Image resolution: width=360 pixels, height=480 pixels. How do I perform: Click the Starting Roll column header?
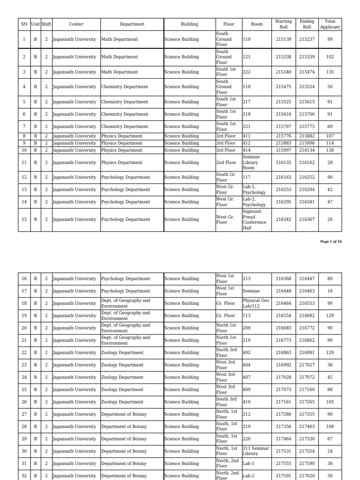pos(284,24)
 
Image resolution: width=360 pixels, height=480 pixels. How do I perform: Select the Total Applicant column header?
pos(330,24)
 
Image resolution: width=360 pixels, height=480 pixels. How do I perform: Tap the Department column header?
pos(132,24)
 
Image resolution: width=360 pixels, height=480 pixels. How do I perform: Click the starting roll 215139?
pos(284,39)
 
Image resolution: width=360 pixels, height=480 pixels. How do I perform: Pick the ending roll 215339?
pos(307,57)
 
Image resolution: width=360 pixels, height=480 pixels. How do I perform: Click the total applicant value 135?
pos(330,72)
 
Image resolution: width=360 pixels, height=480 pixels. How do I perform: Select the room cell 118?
pos(247,87)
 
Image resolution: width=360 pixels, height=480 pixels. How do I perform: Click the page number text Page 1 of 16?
pos(331,241)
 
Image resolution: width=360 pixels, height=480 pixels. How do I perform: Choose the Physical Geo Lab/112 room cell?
pos(255,303)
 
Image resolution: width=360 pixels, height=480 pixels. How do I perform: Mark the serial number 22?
pos(24,352)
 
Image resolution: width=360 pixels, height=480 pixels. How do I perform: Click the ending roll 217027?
pos(307,365)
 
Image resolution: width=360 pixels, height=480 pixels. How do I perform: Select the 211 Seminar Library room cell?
pos(256,451)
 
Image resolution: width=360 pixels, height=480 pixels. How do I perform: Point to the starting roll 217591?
pos(284,475)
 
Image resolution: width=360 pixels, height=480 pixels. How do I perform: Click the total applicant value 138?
pos(330,150)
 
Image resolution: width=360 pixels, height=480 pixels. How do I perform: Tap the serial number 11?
pos(24,163)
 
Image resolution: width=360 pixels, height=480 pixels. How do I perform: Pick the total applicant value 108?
pos(330,427)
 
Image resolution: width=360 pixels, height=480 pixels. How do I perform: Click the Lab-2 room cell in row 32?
pos(248,475)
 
